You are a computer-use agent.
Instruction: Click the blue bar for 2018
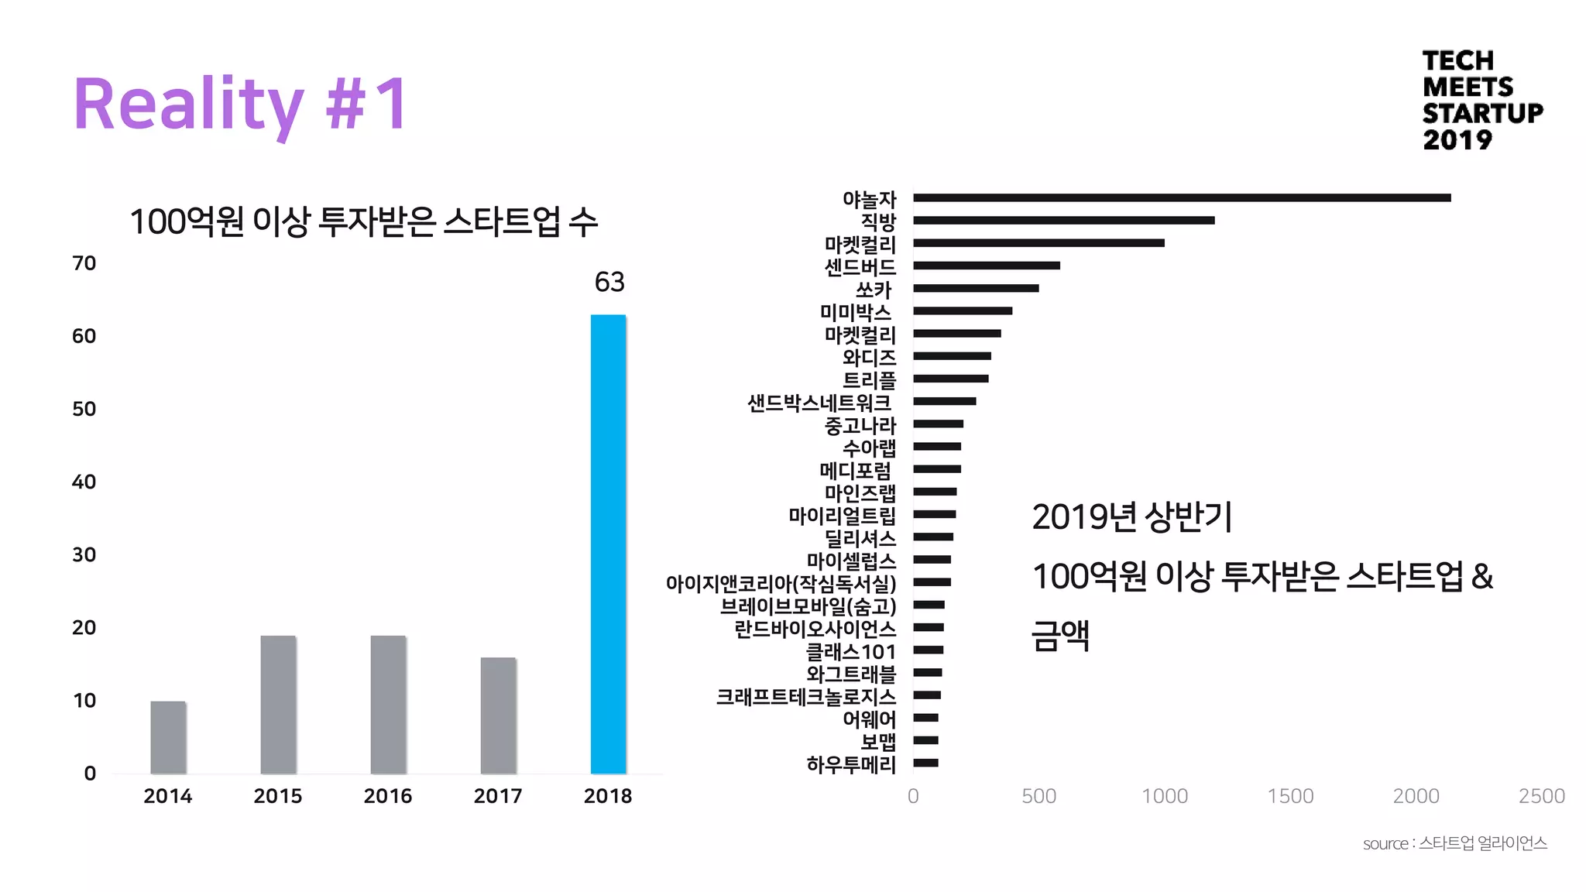pyautogui.click(x=608, y=544)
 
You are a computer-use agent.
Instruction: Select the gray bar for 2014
pyautogui.click(x=168, y=737)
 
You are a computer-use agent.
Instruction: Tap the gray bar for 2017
pyautogui.click(x=498, y=715)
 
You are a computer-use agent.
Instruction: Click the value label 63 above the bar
pyautogui.click(x=609, y=282)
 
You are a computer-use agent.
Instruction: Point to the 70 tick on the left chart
pyautogui.click(x=84, y=263)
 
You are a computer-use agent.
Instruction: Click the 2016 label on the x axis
pyautogui.click(x=387, y=796)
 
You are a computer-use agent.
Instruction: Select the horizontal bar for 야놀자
pyautogui.click(x=1181, y=198)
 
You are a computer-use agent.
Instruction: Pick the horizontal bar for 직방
pyautogui.click(x=1063, y=221)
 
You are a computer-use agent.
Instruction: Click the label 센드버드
pyautogui.click(x=860, y=267)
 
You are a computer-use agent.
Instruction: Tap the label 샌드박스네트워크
pyautogui.click(x=819, y=403)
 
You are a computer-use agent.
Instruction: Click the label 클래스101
pyautogui.click(x=851, y=652)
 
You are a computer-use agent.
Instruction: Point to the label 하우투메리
pyautogui.click(x=851, y=764)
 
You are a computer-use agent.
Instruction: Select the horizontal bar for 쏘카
pyautogui.click(x=976, y=288)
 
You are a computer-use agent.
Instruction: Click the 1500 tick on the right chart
pyautogui.click(x=1290, y=796)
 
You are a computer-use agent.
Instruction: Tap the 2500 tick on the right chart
pyautogui.click(x=1541, y=796)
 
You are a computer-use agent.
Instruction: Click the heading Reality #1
pyautogui.click(x=240, y=105)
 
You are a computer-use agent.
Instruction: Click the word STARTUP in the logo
pyautogui.click(x=1482, y=113)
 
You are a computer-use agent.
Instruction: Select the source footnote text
pyautogui.click(x=1454, y=843)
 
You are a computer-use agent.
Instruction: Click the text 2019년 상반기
pyautogui.click(x=1131, y=517)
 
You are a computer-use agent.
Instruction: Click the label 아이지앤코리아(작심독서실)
pyautogui.click(x=781, y=583)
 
